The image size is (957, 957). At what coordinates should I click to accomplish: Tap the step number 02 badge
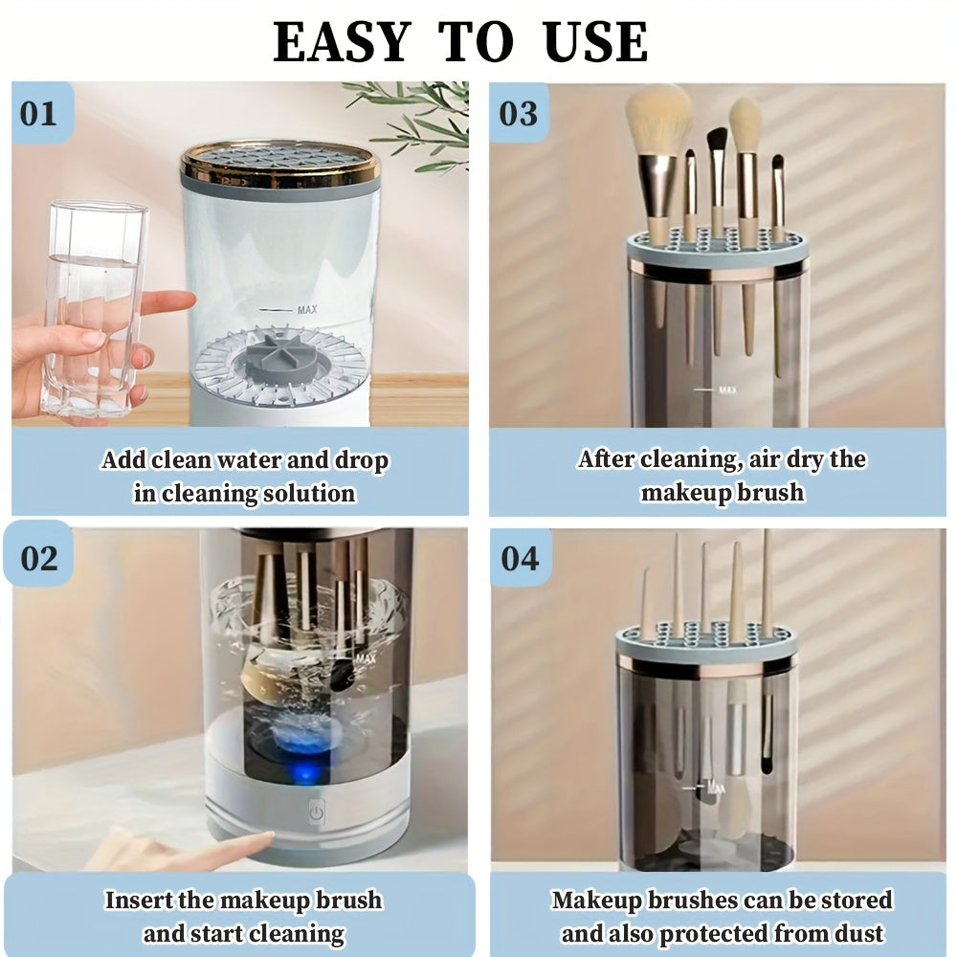tap(39, 558)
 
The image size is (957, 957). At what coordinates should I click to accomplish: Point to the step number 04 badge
tap(520, 558)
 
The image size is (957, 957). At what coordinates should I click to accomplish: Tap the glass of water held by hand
tap(94, 306)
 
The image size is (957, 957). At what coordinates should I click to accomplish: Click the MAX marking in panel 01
tap(306, 309)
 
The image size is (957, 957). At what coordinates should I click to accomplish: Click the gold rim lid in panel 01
tap(279, 163)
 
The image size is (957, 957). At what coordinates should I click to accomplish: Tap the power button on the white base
tap(317, 813)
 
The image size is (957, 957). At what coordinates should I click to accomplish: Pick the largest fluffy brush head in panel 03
tap(657, 120)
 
